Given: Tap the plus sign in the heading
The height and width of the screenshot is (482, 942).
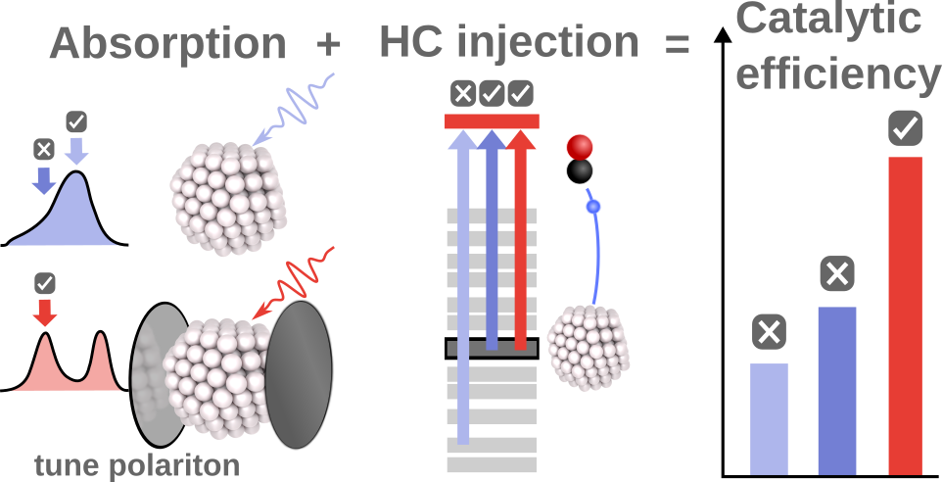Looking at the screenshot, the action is coord(328,44).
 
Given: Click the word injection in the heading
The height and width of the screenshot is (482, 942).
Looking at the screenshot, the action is coord(548,44).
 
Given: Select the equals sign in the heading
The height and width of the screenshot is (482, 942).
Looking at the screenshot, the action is coord(677,44).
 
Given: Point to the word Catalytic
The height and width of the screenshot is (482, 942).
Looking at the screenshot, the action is coord(829,20).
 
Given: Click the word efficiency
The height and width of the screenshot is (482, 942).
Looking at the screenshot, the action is coord(838,74).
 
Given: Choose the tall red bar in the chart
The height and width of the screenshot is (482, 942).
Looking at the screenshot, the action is coord(906,316).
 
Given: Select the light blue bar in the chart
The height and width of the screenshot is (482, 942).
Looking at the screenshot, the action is coord(769,419).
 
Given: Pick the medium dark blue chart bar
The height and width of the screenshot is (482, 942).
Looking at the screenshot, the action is coord(837,391).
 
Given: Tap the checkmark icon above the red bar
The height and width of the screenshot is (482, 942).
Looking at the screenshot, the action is coord(906,128).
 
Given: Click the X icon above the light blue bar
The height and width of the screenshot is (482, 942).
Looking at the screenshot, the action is coord(769,332).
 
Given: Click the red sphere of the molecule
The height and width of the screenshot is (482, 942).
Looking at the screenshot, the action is coord(579,147).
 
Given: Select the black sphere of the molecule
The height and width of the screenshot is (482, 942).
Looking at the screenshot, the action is coord(579,171).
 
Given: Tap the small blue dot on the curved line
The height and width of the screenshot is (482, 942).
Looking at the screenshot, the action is coord(593,208).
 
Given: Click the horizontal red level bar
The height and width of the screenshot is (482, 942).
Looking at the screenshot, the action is coord(492,121).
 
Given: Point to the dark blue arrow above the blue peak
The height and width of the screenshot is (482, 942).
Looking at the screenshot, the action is coord(43,179).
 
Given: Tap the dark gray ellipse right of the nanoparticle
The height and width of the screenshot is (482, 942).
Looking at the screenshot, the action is coord(299,375).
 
